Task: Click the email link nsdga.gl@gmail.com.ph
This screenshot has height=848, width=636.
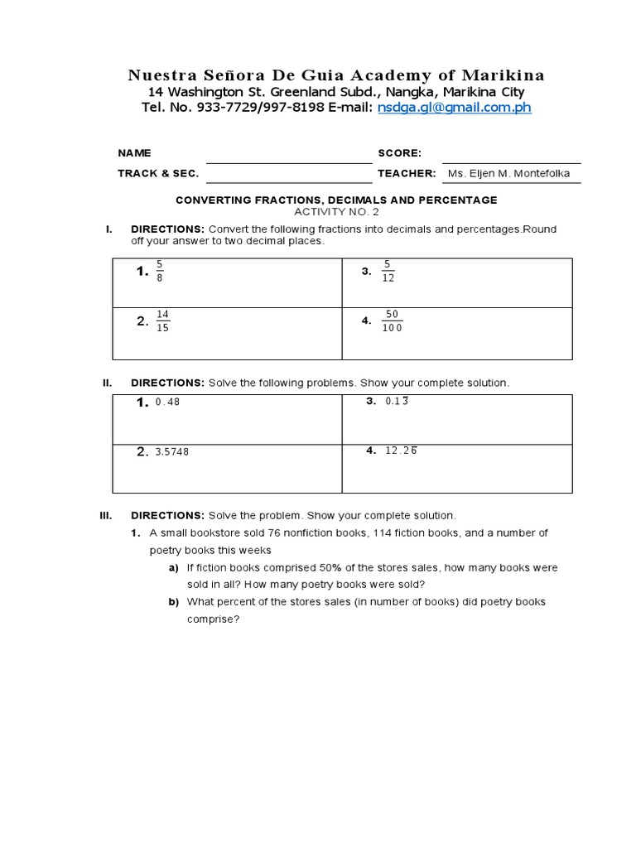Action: click(x=454, y=108)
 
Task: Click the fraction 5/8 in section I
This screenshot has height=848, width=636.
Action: click(x=160, y=272)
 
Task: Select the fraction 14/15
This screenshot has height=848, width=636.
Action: click(x=162, y=320)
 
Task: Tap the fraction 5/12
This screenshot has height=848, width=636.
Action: click(x=388, y=272)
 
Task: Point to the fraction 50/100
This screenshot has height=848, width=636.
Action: click(x=392, y=321)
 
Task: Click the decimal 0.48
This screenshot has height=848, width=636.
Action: click(x=167, y=402)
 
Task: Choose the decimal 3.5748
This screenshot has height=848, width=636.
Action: click(x=171, y=452)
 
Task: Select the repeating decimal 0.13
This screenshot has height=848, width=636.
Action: click(x=397, y=402)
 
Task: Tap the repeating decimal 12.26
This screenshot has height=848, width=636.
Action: click(x=401, y=451)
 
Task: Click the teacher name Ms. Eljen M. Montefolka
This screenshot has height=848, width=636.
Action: click(x=508, y=174)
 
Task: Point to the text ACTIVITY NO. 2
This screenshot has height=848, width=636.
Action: click(x=335, y=212)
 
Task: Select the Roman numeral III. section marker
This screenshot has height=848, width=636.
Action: click(x=105, y=515)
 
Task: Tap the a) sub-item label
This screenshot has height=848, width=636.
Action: click(x=174, y=568)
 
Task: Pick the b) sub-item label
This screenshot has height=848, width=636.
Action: click(x=174, y=602)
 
